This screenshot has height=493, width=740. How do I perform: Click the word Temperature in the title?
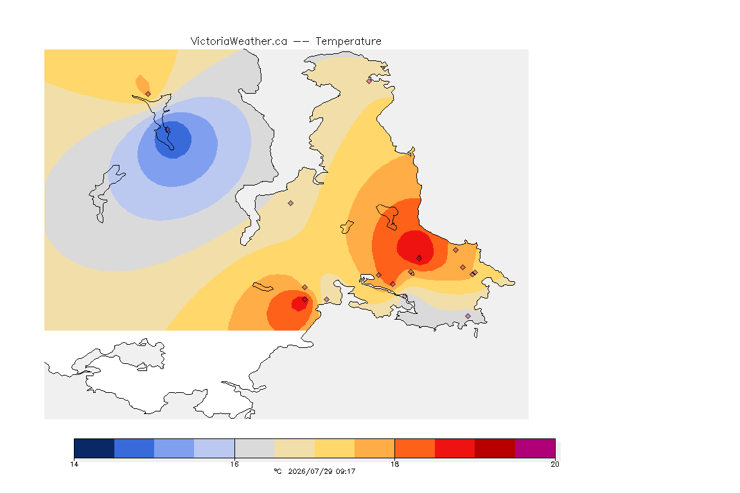(348, 42)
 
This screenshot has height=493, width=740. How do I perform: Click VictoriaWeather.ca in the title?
(239, 42)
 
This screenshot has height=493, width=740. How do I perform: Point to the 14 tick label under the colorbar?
(74, 464)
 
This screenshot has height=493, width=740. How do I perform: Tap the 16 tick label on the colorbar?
(234, 464)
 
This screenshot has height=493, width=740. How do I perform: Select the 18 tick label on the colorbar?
(394, 464)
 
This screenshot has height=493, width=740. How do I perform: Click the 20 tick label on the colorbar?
(555, 464)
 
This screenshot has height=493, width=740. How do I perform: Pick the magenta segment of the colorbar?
(534, 448)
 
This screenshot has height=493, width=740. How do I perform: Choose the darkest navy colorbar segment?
(94, 448)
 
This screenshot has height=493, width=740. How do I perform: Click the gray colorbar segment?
(254, 448)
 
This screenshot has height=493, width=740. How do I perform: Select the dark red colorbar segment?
(495, 448)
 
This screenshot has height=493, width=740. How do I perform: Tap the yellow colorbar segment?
(335, 448)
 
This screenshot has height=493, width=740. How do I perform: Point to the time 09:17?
(345, 471)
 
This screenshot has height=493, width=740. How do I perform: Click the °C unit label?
(277, 471)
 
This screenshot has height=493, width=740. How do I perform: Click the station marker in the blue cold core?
(167, 130)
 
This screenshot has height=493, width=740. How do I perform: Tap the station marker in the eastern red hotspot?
(419, 258)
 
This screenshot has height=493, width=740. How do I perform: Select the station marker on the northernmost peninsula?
(369, 81)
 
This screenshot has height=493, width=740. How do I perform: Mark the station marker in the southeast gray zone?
(468, 316)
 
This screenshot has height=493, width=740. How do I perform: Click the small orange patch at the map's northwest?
(143, 85)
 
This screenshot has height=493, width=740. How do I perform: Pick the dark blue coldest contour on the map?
(173, 140)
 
